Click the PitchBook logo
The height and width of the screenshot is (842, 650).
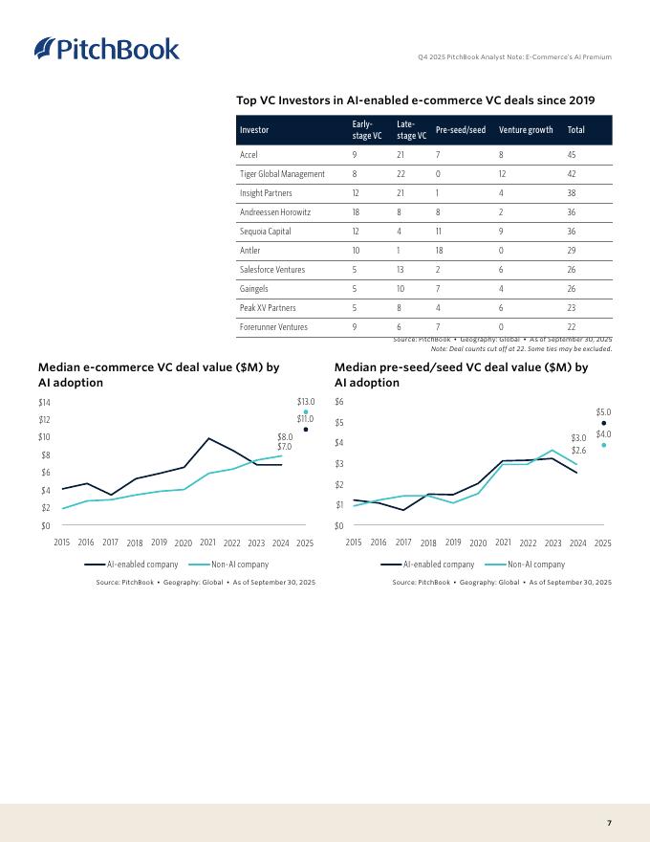[x=106, y=49]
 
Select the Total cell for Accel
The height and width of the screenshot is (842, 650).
[x=573, y=154]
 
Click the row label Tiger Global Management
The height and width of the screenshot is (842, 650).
[x=282, y=173]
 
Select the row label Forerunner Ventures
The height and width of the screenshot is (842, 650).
[x=273, y=327]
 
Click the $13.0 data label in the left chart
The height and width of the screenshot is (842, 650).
[x=306, y=402]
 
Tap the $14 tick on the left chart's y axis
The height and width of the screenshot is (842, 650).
[x=45, y=402]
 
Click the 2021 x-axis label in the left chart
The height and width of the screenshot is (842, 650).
[x=206, y=543]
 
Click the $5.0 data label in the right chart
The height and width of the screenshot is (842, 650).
[x=603, y=412]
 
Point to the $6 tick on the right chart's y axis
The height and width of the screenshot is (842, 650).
[x=339, y=402]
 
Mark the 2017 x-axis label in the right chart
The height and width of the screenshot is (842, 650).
[x=403, y=543]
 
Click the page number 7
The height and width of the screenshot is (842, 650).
[x=609, y=822]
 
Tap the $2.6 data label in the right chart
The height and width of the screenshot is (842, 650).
[x=578, y=450]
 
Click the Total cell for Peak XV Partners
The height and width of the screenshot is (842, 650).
[x=573, y=308]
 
